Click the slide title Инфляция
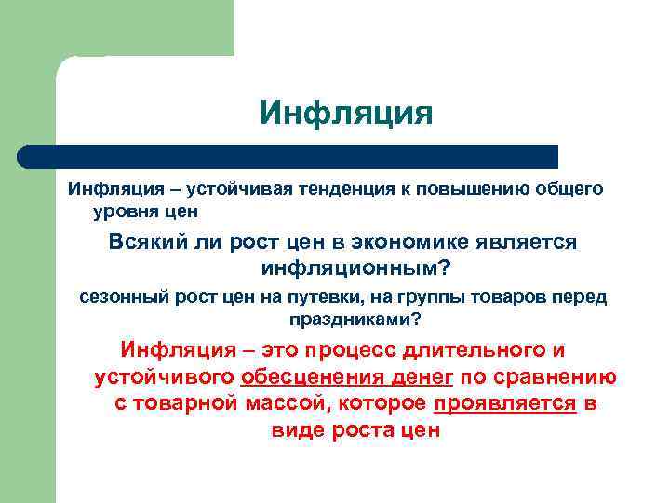[x=346, y=114]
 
